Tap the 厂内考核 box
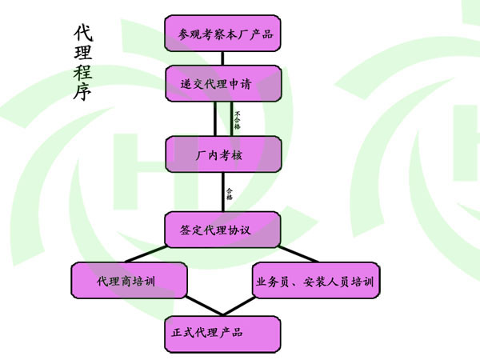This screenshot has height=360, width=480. tap(223, 154)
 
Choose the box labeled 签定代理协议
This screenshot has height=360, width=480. tap(223, 229)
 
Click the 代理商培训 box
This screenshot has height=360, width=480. tap(129, 282)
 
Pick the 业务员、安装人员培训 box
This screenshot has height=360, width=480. tap(314, 282)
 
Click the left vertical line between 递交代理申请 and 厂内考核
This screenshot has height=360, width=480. tap(215, 118)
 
